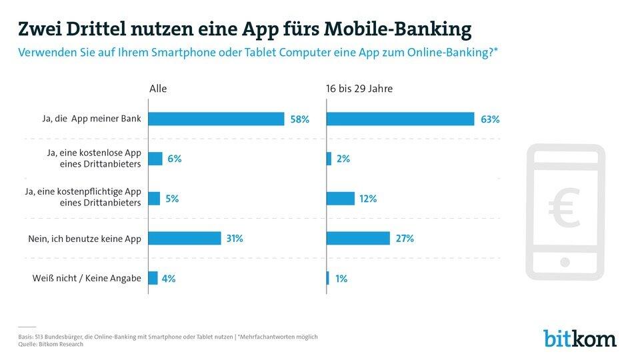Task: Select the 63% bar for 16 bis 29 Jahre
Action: [x=400, y=119]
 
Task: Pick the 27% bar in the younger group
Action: [x=358, y=238]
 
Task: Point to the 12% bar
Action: [x=341, y=198]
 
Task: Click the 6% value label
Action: [x=175, y=159]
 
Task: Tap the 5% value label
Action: [x=172, y=198]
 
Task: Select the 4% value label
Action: [x=169, y=279]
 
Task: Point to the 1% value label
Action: [x=340, y=279]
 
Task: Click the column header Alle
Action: [x=158, y=88]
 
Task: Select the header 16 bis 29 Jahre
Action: [x=359, y=88]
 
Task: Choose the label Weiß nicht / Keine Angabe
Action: [x=88, y=279]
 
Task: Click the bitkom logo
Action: [x=579, y=338]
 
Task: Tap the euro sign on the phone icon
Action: [x=565, y=208]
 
